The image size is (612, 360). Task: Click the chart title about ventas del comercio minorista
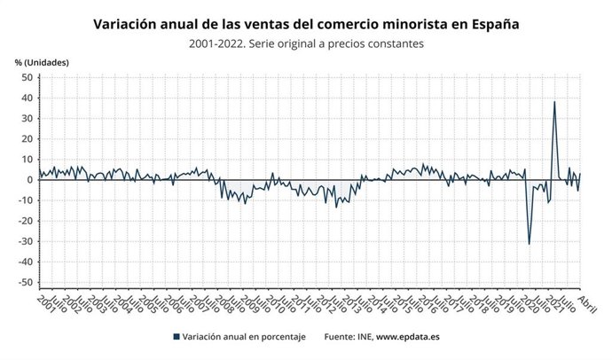[306, 25]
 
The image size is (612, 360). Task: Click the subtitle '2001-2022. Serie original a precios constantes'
[306, 43]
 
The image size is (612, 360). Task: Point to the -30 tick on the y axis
[25, 241]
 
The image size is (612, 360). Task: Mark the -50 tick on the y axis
[25, 282]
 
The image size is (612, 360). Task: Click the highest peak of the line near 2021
[554, 101]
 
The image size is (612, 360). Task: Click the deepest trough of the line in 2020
[530, 244]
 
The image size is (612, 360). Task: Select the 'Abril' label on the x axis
[586, 304]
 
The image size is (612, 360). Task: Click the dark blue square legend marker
[177, 337]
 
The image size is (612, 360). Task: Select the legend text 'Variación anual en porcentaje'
[242, 337]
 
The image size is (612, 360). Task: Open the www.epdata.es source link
[406, 337]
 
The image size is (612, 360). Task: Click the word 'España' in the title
[490, 25]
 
